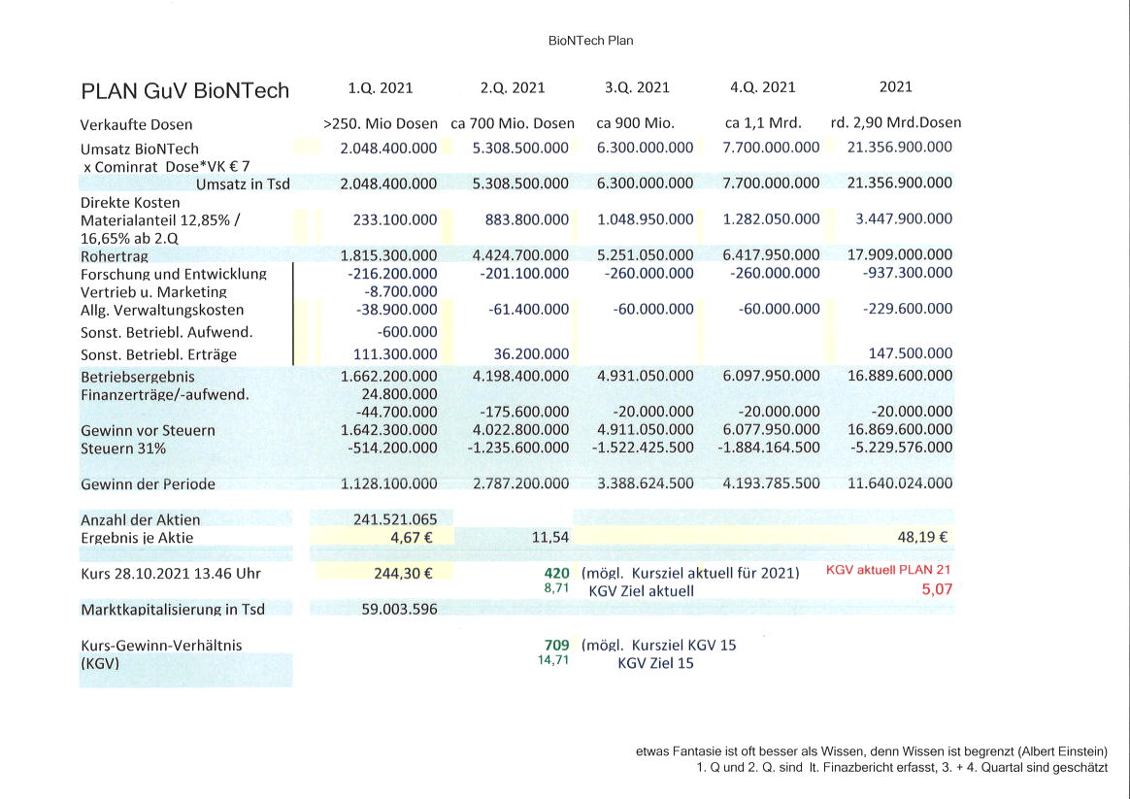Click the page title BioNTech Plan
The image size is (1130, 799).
[x=590, y=41]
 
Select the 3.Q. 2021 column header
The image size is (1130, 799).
[x=637, y=87]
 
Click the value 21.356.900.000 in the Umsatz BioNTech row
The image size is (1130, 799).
[x=900, y=148]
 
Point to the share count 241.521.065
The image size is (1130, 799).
[x=389, y=519]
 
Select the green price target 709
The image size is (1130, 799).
[x=556, y=645]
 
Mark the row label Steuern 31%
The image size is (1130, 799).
[x=123, y=448]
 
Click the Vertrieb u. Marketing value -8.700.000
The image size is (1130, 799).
[x=400, y=291]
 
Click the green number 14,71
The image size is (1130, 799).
[x=553, y=660]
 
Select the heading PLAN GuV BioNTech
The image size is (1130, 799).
[x=184, y=91]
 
